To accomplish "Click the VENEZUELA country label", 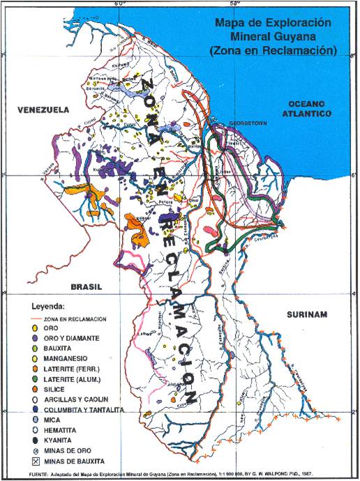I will [x=43, y=110].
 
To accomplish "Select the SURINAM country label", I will [x=306, y=315].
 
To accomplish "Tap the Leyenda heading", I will [x=47, y=306].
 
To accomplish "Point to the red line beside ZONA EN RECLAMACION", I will [x=34, y=318].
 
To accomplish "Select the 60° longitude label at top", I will [x=120, y=3].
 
